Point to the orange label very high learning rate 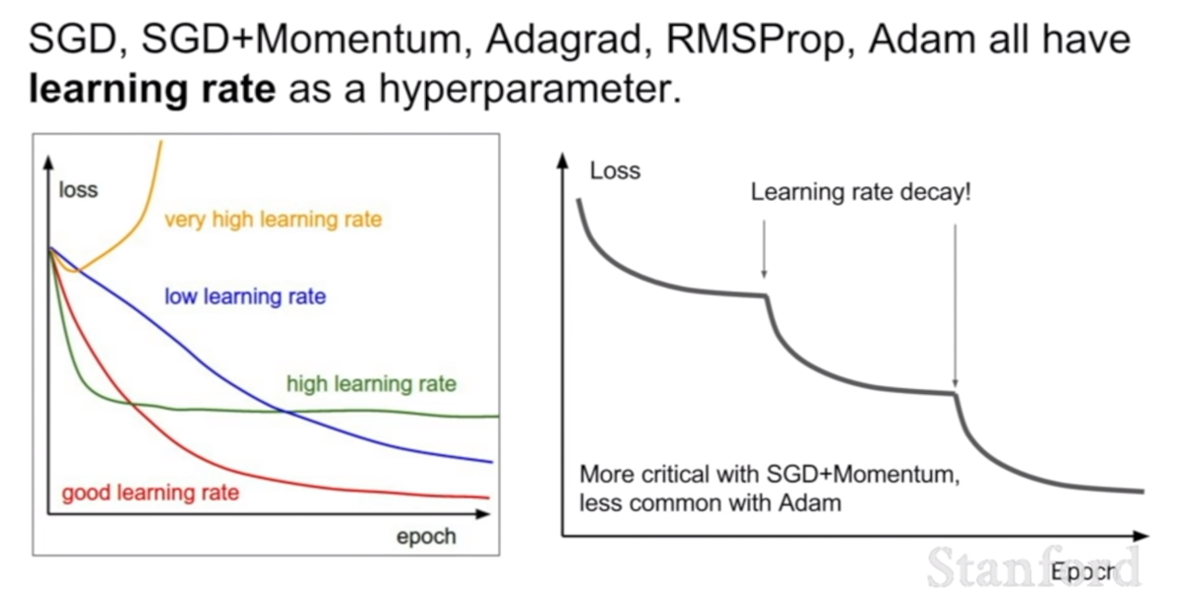274,220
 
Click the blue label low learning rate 245,296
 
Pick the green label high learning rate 371,384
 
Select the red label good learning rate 151,493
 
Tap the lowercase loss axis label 78,190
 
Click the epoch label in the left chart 426,537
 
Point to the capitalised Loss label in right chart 615,171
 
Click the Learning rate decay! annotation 860,192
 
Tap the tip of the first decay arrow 764,277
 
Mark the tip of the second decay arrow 955,387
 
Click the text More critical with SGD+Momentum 770,475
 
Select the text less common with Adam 711,503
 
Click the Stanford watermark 1032,567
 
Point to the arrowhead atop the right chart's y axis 563,160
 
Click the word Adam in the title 922,40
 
